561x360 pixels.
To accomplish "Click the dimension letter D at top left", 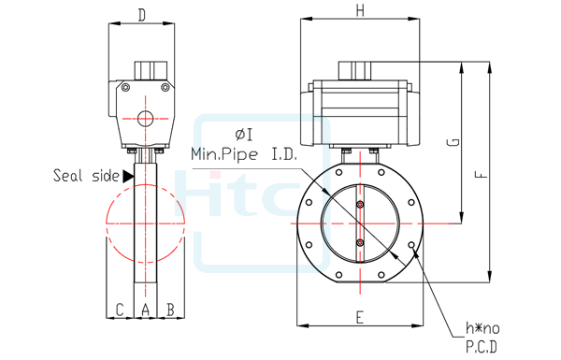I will [141, 14].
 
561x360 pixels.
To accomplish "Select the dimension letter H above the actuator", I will [360, 10].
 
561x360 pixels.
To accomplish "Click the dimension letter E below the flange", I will [359, 317].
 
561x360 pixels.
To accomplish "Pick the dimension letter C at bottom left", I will [119, 309].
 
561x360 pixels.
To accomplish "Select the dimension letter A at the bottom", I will [145, 309].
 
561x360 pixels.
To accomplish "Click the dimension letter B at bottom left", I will [170, 309].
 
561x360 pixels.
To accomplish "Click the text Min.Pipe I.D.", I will [242, 152].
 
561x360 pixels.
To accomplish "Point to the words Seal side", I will [85, 175].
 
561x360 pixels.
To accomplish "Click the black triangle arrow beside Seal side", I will [128, 175].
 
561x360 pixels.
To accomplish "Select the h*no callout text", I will [483, 328].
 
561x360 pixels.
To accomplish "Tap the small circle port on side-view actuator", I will [145, 118].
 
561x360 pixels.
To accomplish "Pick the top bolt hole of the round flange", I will [360, 167].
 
